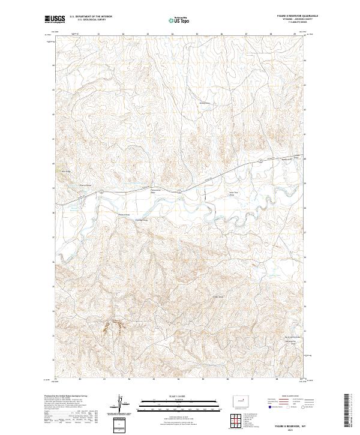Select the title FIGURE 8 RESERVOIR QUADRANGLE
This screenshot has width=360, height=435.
pyautogui.click(x=287, y=17)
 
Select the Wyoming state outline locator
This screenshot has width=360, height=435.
pyautogui.click(x=239, y=400)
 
